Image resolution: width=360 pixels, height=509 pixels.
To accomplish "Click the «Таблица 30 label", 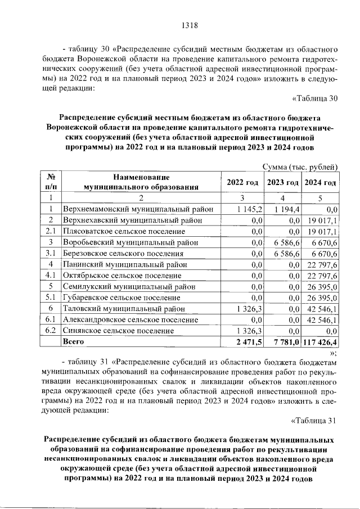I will pos(315,99).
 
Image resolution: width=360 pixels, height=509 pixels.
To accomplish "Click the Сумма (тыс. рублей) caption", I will pos(300,166).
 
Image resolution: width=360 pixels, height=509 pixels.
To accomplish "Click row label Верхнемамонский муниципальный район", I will pos(138,209).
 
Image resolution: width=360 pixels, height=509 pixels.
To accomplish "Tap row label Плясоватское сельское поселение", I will pos(124,231).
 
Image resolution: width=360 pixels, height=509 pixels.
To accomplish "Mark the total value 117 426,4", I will pos(320,341).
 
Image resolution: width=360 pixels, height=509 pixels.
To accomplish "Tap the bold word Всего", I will pos(74,341).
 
